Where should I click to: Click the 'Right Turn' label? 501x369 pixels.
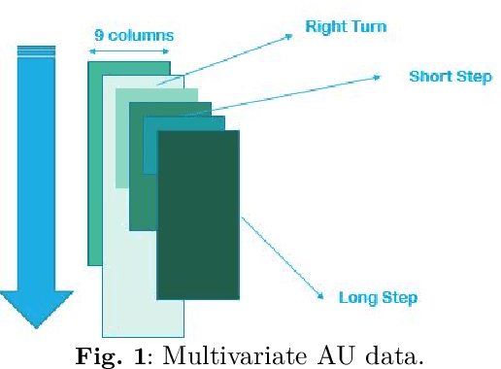(346, 26)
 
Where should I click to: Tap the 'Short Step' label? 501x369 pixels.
(450, 76)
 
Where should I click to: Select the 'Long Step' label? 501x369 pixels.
(378, 296)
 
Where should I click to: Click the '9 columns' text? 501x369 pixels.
(134, 36)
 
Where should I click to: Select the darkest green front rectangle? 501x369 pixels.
(198, 214)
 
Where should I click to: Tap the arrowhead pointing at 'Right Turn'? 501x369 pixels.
(287, 37)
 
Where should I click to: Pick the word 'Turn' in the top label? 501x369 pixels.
(368, 26)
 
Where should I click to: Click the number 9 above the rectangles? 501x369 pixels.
(98, 36)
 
